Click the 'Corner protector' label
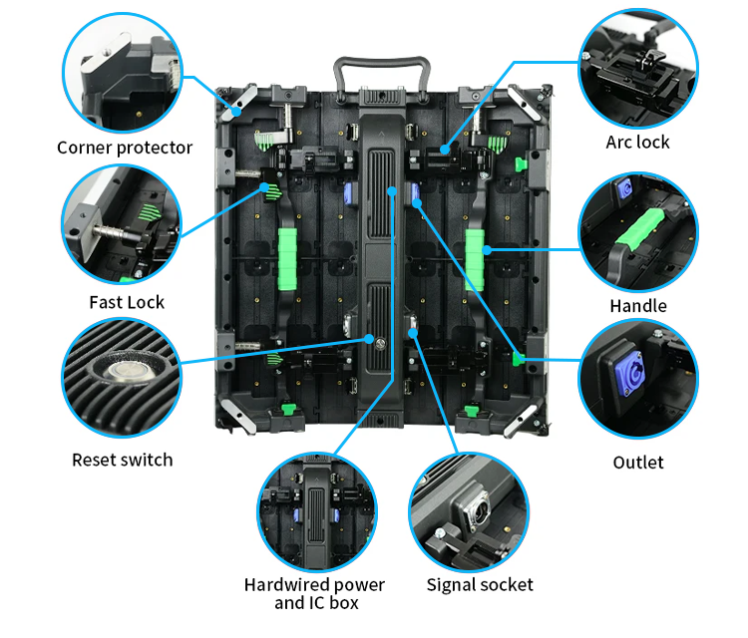[x=125, y=148]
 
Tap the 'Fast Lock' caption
[x=127, y=302]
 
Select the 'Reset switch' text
[x=123, y=460]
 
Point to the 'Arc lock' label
[x=638, y=143]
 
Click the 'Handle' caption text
[x=638, y=306]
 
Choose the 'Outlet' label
[x=638, y=462]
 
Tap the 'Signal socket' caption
[x=480, y=584]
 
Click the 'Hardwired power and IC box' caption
[x=315, y=594]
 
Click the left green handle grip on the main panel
[x=287, y=259]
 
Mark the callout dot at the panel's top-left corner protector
[x=236, y=112]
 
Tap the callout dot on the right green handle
[x=486, y=249]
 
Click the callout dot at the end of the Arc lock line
[x=445, y=150]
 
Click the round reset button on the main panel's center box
[x=380, y=343]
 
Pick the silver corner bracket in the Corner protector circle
[x=106, y=54]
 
